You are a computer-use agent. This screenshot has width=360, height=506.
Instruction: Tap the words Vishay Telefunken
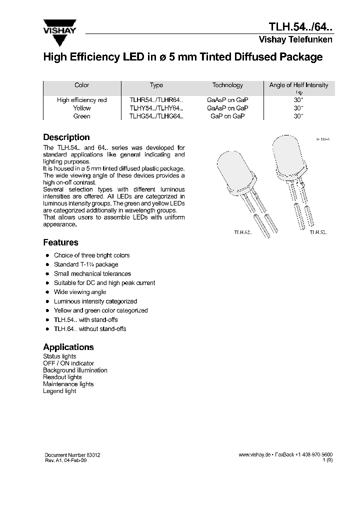pyautogui.click(x=295, y=40)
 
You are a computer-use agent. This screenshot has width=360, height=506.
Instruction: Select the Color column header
pyautogui.click(x=81, y=85)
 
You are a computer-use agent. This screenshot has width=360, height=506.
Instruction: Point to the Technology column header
pyautogui.click(x=227, y=85)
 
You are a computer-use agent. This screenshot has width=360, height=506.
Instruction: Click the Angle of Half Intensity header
pyautogui.click(x=298, y=85)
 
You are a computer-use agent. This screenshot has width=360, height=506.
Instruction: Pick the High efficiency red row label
pyautogui.click(x=81, y=100)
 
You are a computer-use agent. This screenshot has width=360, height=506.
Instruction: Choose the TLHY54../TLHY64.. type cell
pyautogui.click(x=156, y=108)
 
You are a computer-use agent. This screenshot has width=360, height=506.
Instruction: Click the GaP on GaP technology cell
pyautogui.click(x=227, y=116)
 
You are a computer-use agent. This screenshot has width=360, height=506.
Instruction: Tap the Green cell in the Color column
pyautogui.click(x=81, y=116)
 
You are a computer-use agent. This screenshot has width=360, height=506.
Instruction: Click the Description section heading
pyautogui.click(x=66, y=137)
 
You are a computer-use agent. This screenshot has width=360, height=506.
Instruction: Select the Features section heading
pyautogui.click(x=60, y=242)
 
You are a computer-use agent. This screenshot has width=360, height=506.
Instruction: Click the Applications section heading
pyautogui.click(x=68, y=347)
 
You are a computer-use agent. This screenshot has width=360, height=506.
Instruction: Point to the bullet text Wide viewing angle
pyautogui.click(x=80, y=292)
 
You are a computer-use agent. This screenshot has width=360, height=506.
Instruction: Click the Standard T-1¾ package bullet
pyautogui.click(x=86, y=264)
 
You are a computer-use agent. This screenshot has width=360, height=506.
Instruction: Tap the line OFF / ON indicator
pyautogui.click(x=68, y=363)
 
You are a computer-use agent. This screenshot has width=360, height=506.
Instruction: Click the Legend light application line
pyautogui.click(x=59, y=391)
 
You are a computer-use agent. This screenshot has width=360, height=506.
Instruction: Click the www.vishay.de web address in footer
pyautogui.click(x=254, y=455)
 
